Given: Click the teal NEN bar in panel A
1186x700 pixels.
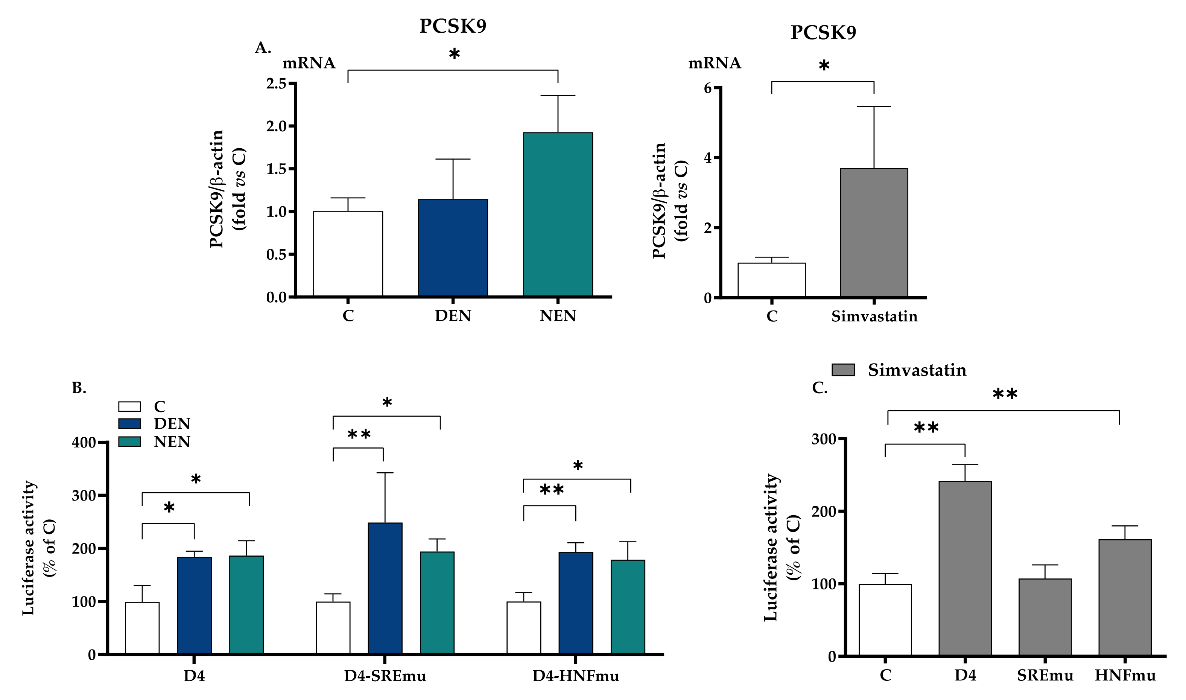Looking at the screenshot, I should point(558,215).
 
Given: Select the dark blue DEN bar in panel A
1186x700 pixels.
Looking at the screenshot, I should point(453,248).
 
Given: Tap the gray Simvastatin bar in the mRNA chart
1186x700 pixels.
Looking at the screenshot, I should point(874,233).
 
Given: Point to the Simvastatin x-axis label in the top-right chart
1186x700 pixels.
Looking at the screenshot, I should point(874,316).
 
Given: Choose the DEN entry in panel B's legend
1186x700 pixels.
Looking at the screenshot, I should point(172,424).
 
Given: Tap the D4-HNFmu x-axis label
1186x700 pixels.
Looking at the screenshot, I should point(575,676).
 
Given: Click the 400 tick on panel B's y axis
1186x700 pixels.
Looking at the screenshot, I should point(84,443).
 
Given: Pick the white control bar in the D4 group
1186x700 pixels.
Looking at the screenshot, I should point(142,628).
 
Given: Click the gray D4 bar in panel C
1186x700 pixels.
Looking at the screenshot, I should point(965,568).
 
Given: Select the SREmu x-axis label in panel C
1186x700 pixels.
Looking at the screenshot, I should point(1045,676).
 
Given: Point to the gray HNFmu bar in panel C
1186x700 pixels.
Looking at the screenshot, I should point(1125,597).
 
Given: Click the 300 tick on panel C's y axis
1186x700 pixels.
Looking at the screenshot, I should point(823,439).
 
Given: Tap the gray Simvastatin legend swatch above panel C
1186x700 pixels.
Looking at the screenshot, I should point(843,370).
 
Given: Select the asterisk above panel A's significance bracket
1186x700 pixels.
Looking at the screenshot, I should point(454,54).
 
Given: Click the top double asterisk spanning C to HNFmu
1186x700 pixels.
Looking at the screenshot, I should point(1004,394).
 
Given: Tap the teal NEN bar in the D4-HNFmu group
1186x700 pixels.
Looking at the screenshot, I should point(628,607).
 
